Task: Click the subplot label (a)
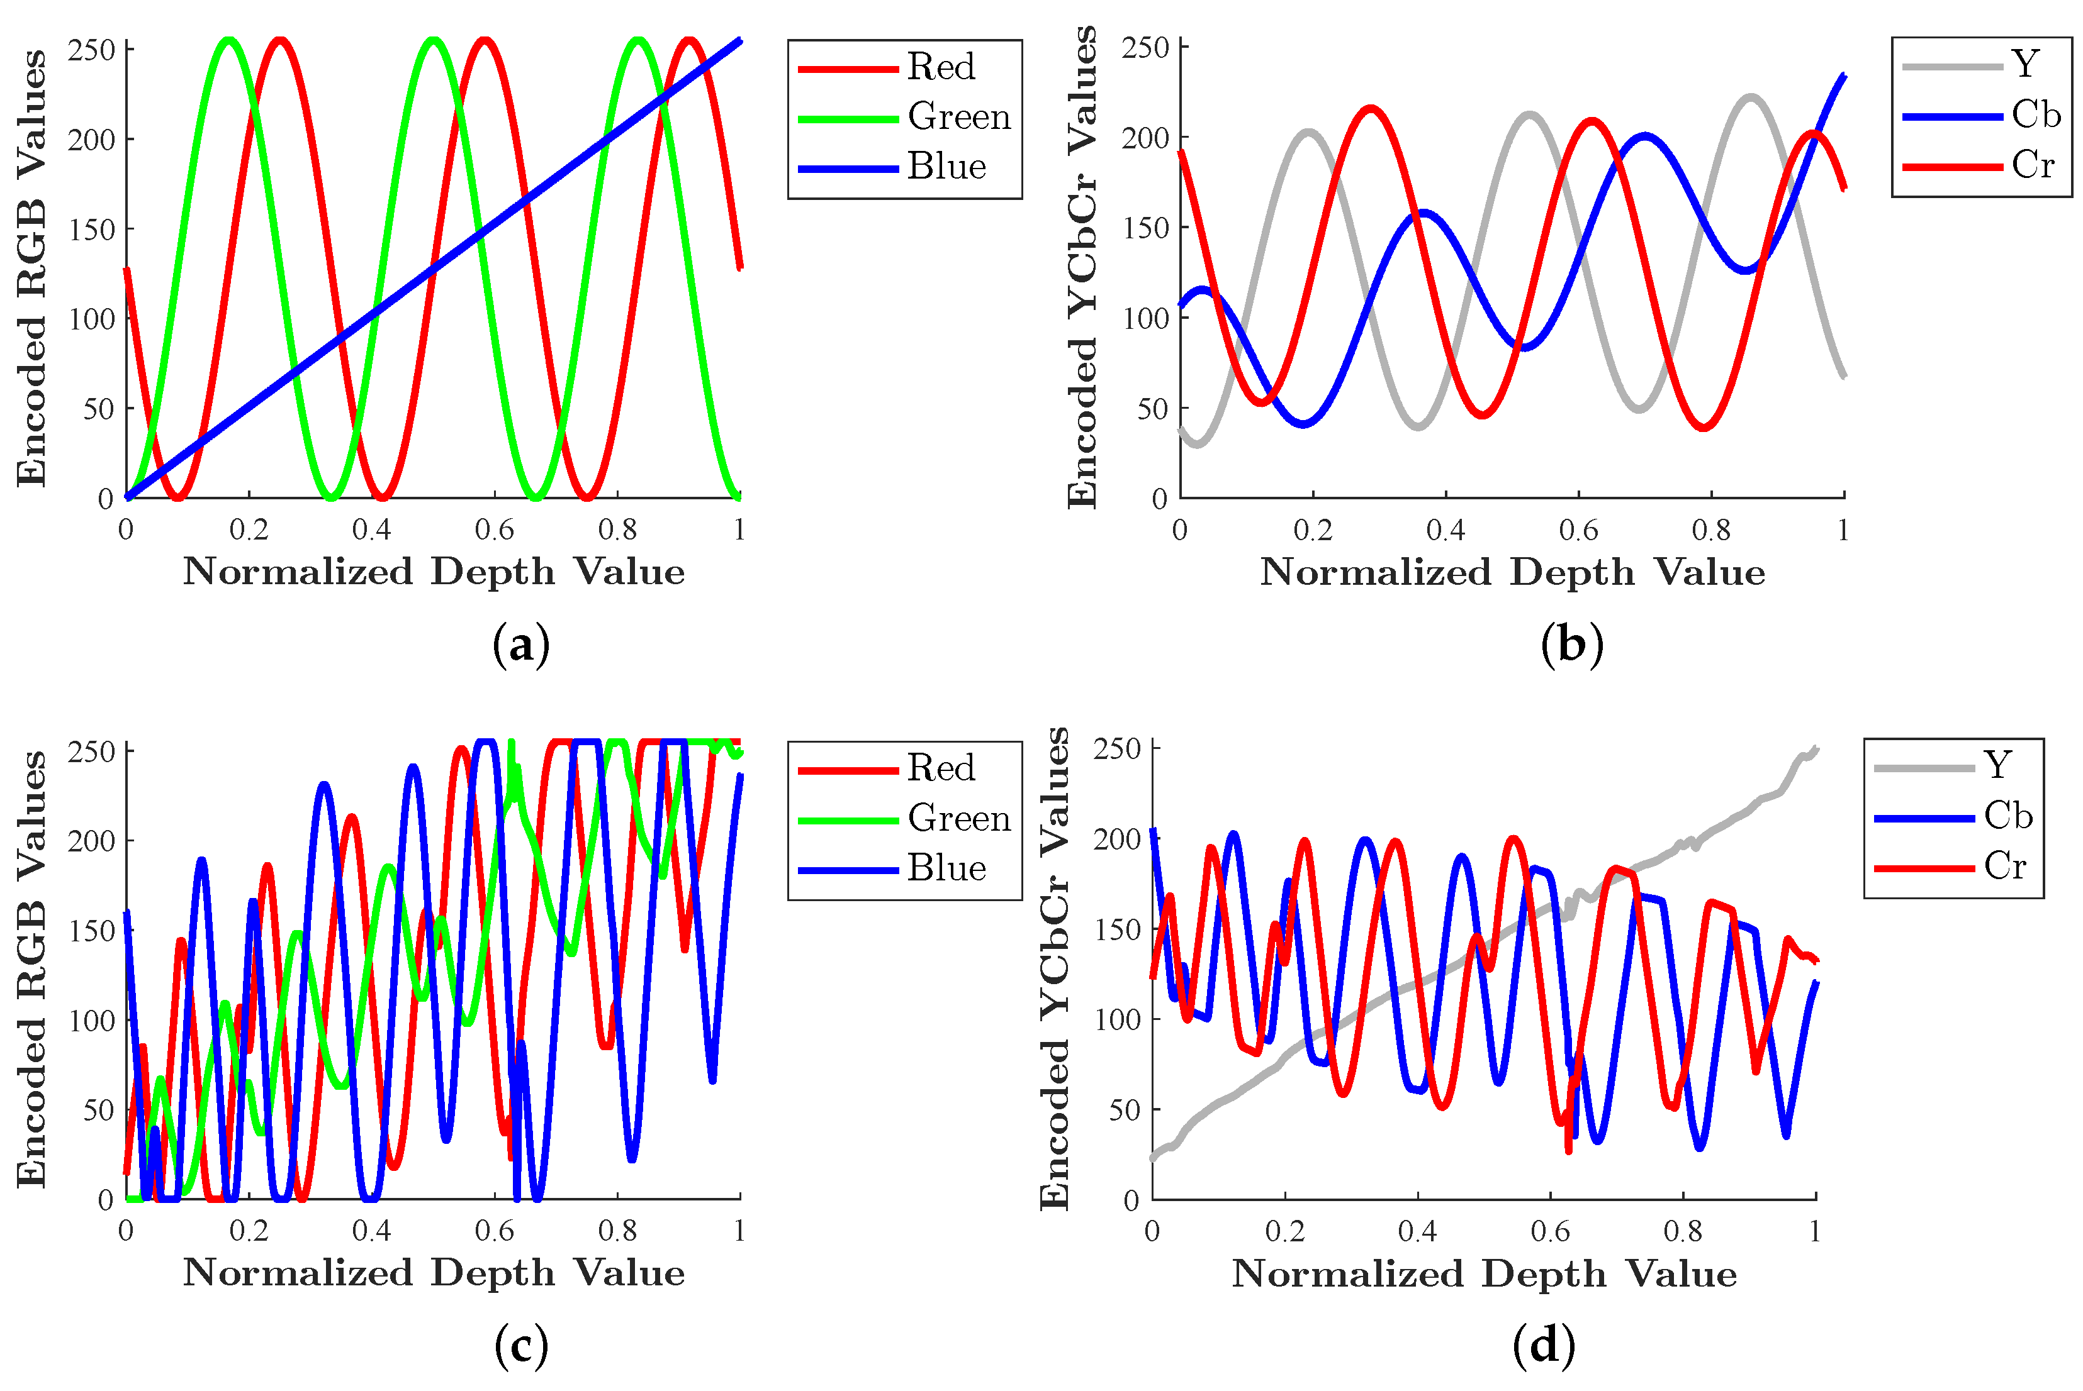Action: (521, 645)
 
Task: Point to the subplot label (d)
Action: (1544, 1345)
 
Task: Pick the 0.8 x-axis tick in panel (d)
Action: (1683, 1231)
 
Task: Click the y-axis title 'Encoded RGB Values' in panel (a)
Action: (31, 268)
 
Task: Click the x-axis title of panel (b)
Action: (1512, 572)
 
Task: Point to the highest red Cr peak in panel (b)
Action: (1371, 109)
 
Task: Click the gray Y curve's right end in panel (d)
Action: (1815, 750)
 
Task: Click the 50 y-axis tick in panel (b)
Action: (1153, 409)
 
